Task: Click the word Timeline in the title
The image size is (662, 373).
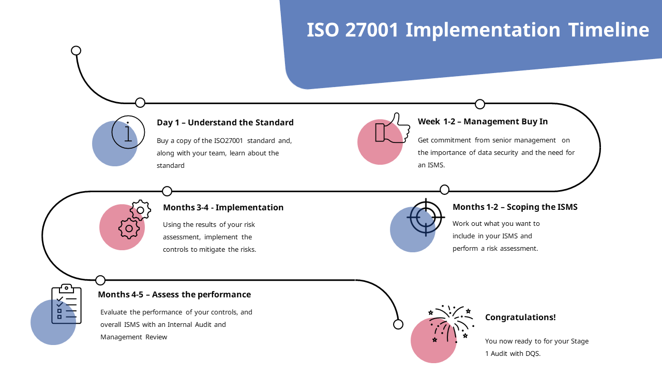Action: pos(608,30)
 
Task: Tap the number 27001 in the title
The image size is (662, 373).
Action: pos(372,30)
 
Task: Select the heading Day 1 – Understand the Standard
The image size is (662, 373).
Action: pos(225,123)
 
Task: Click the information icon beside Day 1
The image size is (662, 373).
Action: pos(128,132)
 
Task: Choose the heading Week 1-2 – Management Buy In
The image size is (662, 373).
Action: pos(483,122)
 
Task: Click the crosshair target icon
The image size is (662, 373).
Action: pos(426,217)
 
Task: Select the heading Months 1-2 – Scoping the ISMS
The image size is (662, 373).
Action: pos(515,207)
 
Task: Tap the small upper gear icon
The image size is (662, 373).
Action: pos(140,210)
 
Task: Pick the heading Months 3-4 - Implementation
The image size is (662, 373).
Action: pos(223,208)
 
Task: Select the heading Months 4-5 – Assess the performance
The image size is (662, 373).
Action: pos(174,295)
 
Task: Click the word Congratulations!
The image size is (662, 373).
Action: pos(520,318)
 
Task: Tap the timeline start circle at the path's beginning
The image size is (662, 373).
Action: pos(76,50)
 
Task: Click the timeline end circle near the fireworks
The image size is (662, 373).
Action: pos(398,324)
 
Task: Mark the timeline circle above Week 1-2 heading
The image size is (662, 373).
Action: pos(480,104)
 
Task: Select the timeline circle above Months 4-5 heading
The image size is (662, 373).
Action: pos(100,280)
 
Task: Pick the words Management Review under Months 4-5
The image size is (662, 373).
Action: pos(134,337)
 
